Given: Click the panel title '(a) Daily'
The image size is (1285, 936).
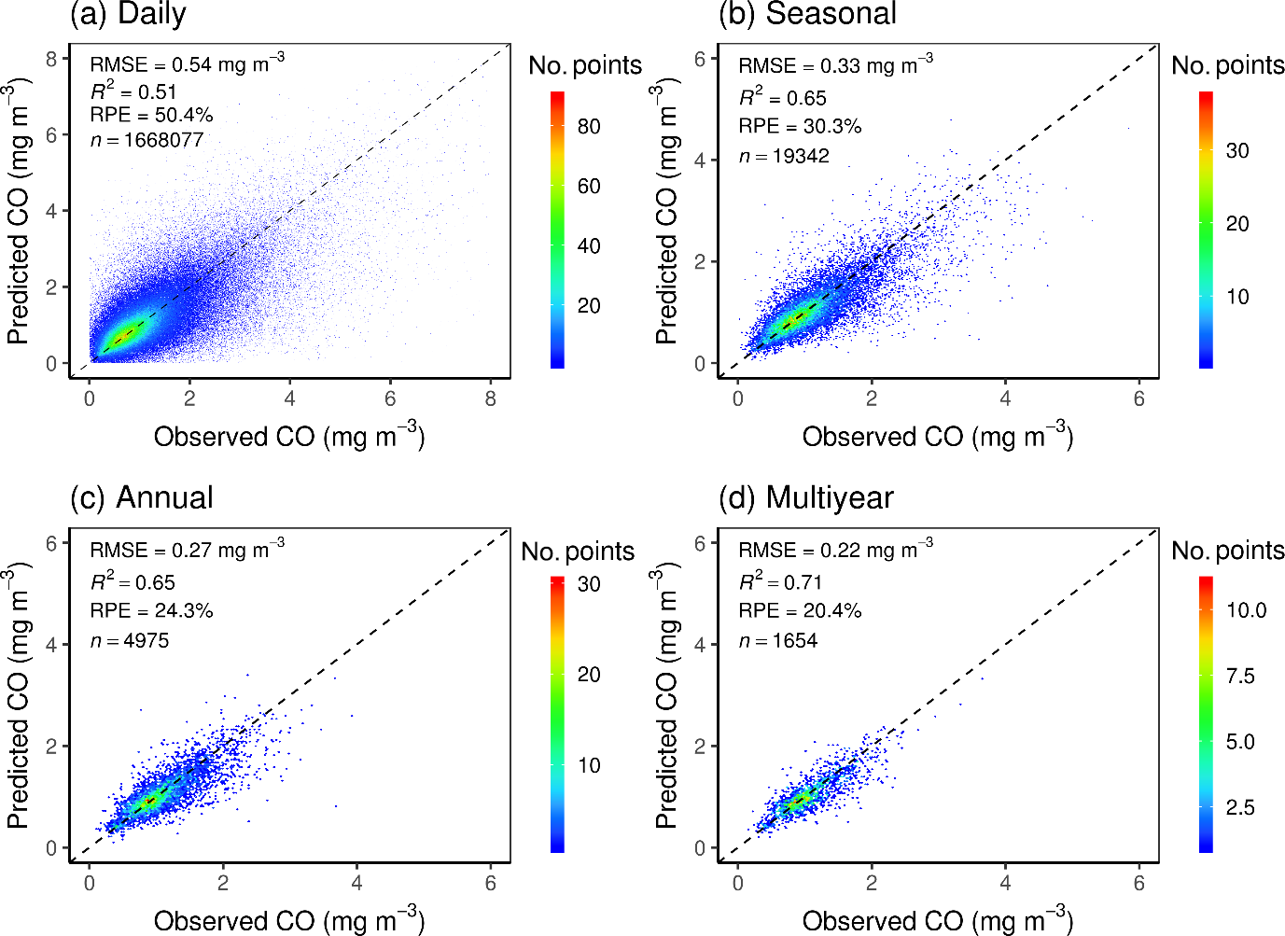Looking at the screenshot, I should coord(129,15).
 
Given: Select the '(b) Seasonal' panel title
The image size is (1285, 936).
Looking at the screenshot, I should coord(807,15).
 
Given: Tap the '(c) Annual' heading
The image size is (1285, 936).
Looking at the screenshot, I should coord(142,497).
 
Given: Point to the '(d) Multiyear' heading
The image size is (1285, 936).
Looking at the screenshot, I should coord(806,497).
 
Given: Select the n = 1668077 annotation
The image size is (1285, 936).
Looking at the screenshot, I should coord(147,140).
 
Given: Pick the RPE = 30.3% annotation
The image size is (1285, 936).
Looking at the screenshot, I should coord(800,126).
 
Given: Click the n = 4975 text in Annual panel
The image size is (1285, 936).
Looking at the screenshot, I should coord(130,640).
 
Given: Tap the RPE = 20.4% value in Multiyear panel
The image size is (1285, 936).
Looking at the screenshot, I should coord(800,610).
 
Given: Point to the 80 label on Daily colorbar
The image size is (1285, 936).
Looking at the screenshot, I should coord(589,126).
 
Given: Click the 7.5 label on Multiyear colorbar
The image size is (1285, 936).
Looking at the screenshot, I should coord(1240,676).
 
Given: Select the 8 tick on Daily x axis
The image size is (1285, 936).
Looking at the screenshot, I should coord(491,398).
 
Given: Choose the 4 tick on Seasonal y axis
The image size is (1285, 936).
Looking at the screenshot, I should coord(700,161).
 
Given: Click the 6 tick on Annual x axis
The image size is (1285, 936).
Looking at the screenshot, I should coord(491,883).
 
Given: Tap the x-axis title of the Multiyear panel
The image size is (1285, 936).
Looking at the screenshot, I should coord(937,920).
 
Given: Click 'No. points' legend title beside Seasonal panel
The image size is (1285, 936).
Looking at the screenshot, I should coord(1227,65).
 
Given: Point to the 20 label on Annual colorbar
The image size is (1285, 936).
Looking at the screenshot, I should coord(589,674).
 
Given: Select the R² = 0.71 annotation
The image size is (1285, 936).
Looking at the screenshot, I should coord(780,582).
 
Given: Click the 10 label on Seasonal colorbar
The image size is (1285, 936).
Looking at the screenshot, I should coord(1237,297).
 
